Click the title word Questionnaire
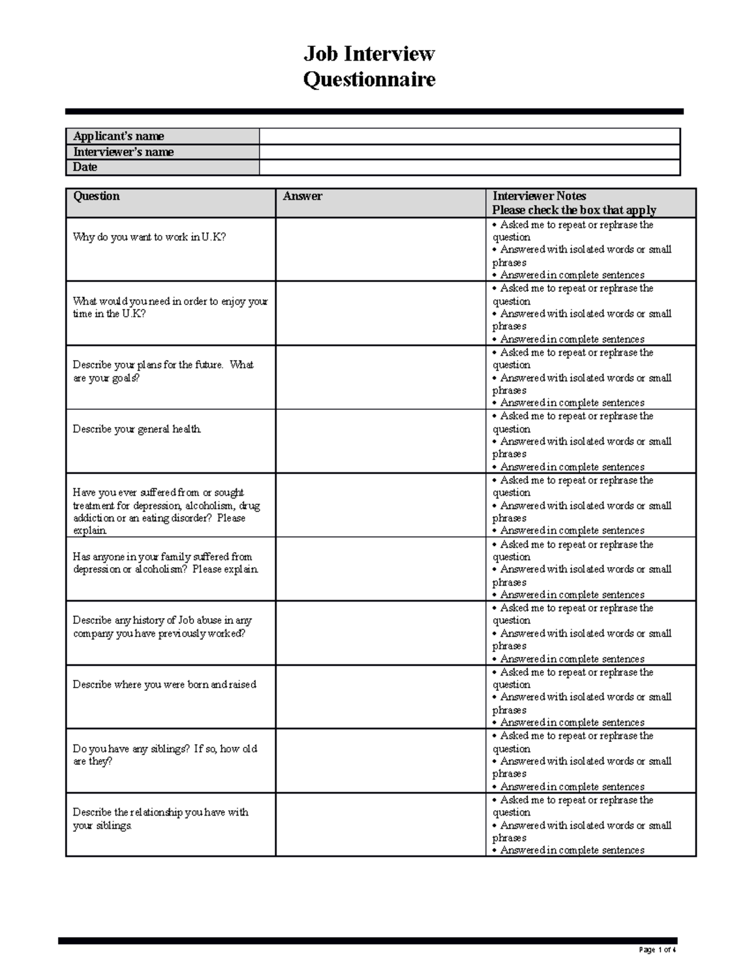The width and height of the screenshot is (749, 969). [x=369, y=80]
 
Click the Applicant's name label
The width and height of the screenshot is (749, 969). [x=119, y=136]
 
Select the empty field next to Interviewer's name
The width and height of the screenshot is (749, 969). [x=469, y=152]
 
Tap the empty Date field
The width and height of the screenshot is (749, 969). [x=469, y=167]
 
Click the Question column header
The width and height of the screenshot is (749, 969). [x=96, y=196]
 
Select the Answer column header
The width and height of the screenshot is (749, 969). [x=303, y=196]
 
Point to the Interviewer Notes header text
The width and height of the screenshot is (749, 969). [x=539, y=196]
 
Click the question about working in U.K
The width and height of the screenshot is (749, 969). [x=149, y=237]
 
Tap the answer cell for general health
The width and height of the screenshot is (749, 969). [x=380, y=441]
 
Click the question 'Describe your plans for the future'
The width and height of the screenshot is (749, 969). [x=163, y=371]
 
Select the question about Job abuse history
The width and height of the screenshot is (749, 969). [x=162, y=626]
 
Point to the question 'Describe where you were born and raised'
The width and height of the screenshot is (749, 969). [x=164, y=684]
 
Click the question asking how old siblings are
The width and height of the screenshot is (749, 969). [x=165, y=754]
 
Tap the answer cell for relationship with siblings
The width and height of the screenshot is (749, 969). [x=380, y=824]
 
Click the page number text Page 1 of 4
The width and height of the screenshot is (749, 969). [x=657, y=950]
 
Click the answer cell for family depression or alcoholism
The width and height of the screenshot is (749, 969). [x=380, y=569]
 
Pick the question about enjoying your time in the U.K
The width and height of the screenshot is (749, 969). [x=170, y=307]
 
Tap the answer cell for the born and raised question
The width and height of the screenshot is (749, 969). [x=380, y=697]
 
